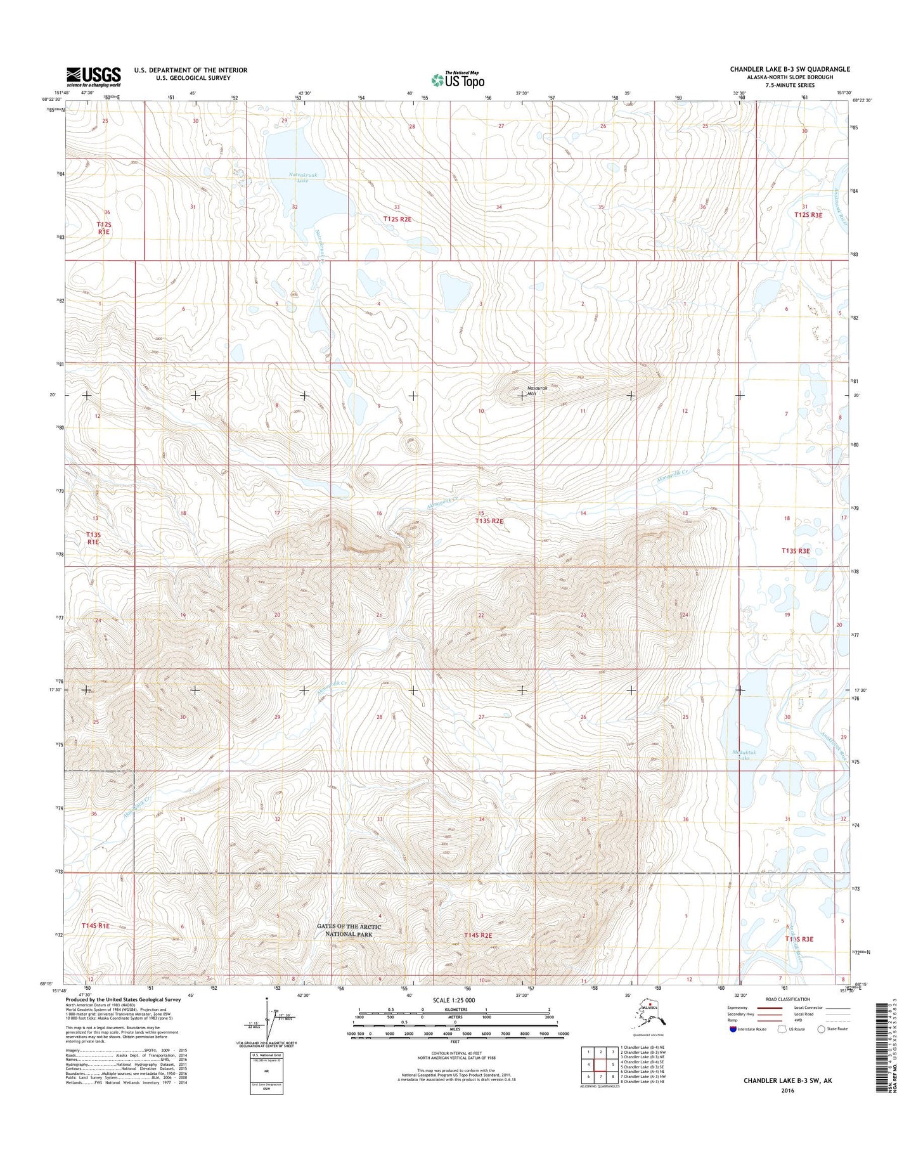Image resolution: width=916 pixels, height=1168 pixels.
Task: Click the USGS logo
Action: coord(93,77)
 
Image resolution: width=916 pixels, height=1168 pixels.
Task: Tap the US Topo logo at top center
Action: coord(458,80)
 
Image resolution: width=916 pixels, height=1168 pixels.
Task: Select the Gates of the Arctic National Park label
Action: coord(349,930)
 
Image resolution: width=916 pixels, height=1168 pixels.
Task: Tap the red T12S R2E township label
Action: coord(397,219)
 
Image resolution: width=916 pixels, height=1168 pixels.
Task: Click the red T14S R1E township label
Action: coord(95,926)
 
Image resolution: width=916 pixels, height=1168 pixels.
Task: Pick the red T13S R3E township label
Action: coord(796,551)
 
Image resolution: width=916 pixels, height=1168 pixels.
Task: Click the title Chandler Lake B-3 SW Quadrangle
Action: coord(789,69)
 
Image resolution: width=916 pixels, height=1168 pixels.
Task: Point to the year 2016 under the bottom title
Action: coord(787,1091)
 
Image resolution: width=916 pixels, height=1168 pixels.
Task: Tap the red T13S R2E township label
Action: coord(489,521)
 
